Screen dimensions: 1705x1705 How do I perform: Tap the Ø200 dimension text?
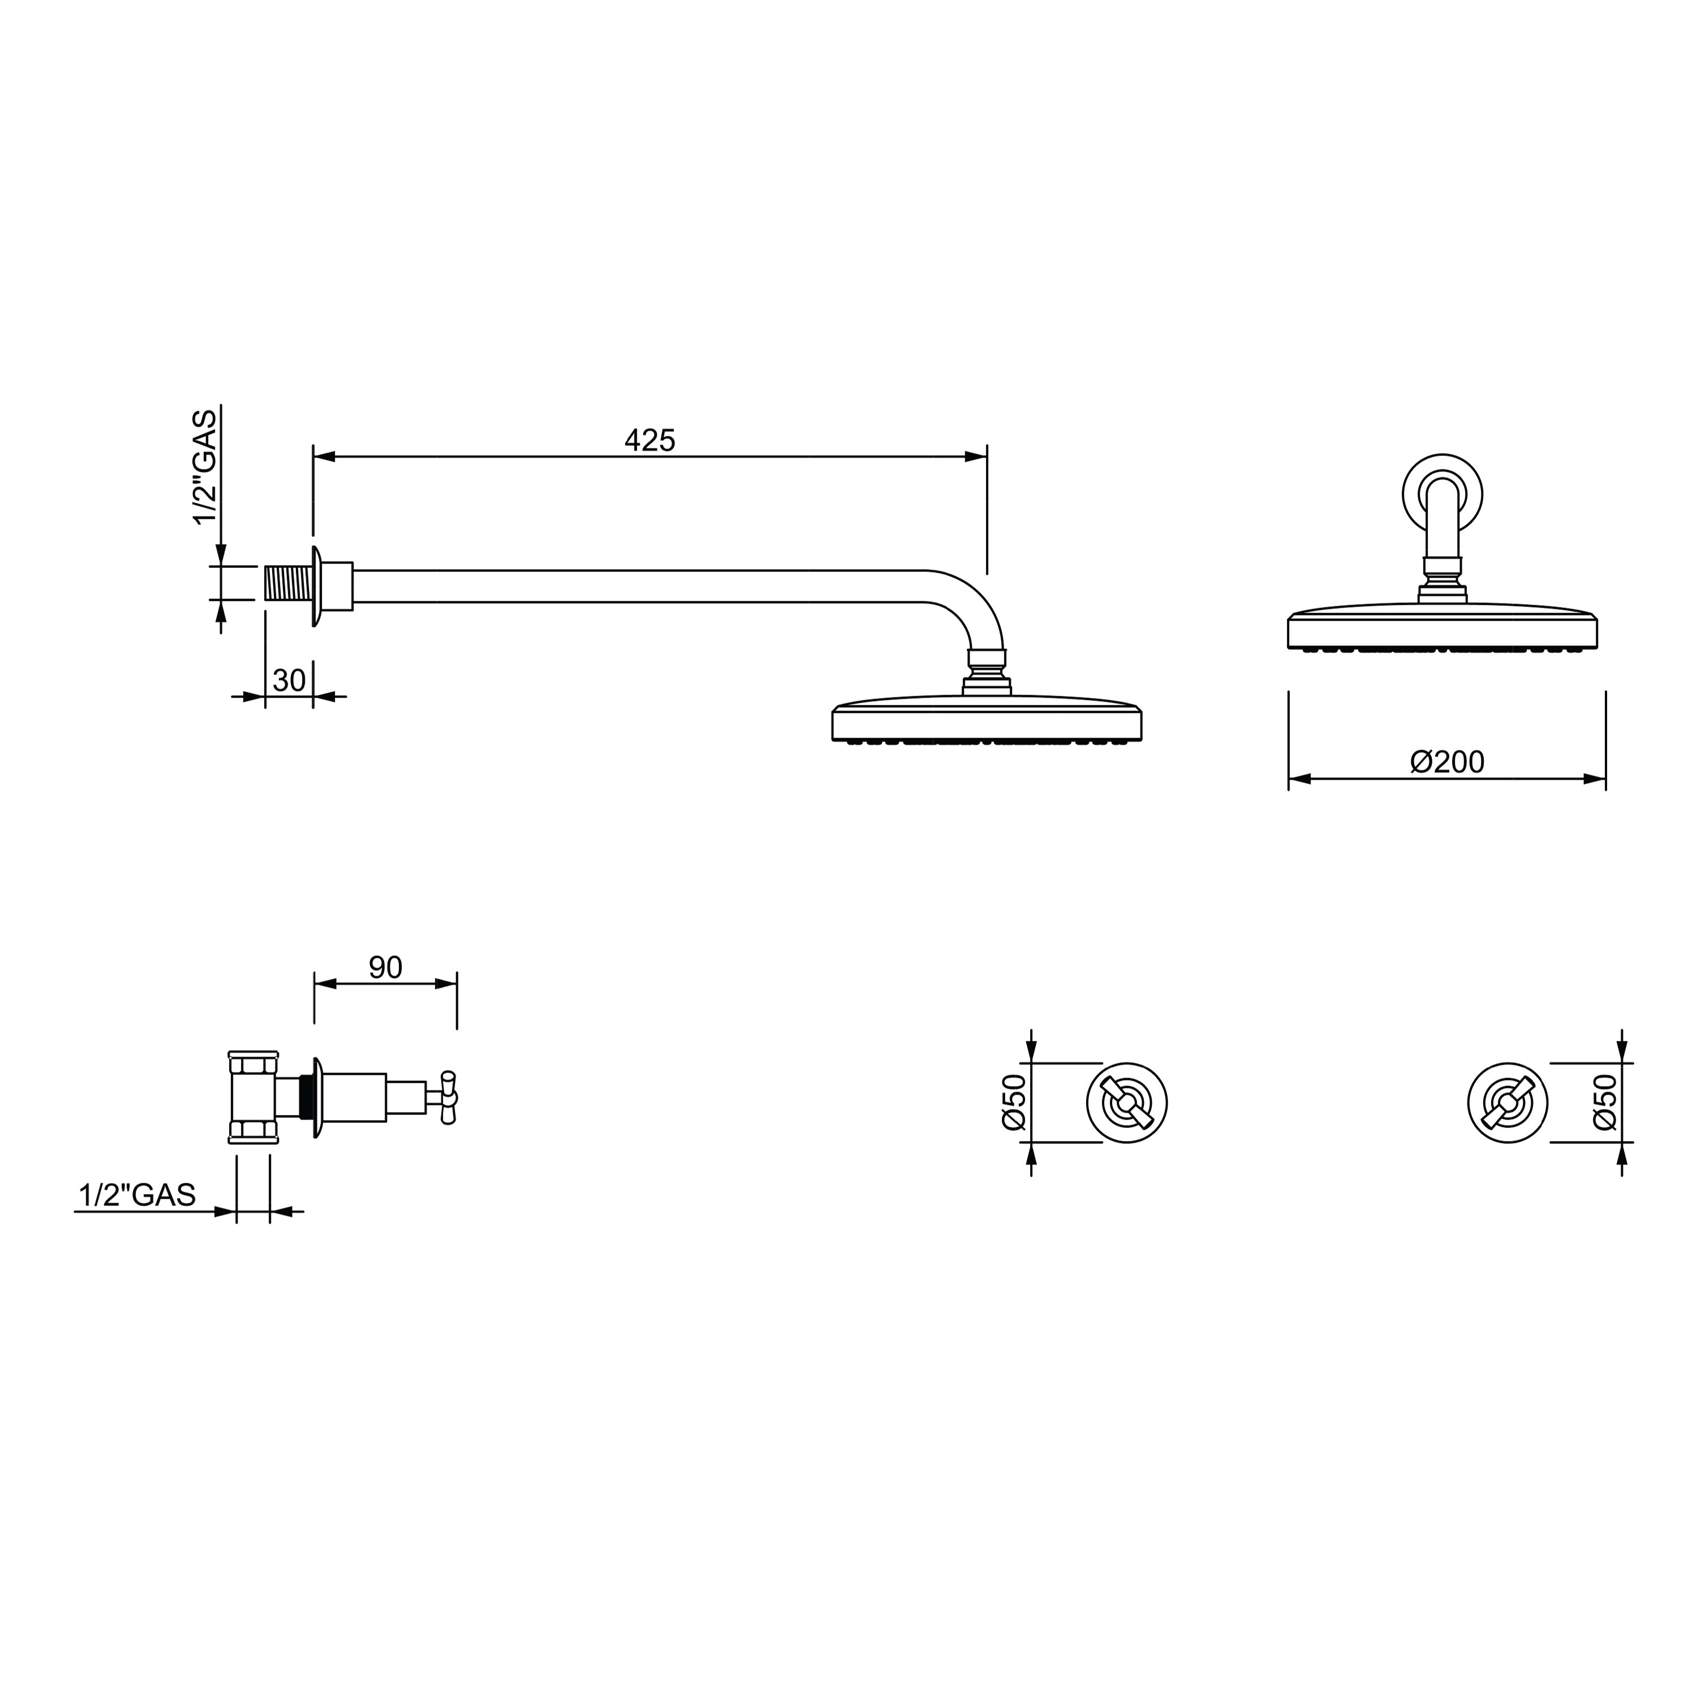(1447, 761)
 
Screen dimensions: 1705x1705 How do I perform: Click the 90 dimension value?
(386, 967)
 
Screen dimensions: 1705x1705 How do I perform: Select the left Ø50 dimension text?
(1014, 1101)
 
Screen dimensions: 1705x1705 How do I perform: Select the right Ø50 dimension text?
(1605, 1101)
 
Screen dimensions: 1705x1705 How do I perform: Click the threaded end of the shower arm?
(288, 584)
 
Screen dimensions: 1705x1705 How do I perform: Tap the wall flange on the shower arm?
(316, 586)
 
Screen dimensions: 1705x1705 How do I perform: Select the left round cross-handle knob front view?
(1127, 1103)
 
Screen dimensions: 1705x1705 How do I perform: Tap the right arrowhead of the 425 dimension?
(976, 457)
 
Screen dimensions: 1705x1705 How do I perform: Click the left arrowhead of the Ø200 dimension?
(1299, 780)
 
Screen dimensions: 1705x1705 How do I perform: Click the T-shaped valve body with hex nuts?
(253, 1097)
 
